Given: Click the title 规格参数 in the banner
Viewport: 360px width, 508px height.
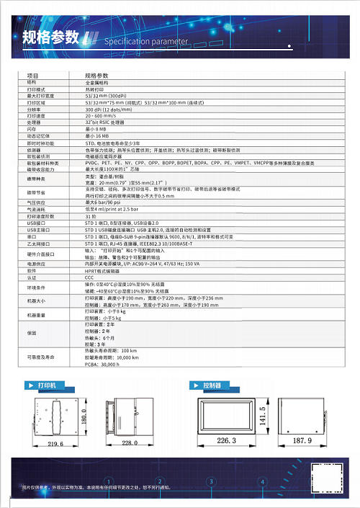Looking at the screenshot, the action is coord(48,37).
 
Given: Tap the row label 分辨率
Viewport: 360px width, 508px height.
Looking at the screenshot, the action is coord(35,108).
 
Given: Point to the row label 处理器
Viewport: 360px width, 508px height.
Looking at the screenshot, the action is coord(35,122).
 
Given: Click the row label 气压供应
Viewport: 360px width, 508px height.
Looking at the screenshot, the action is coord(36,202).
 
